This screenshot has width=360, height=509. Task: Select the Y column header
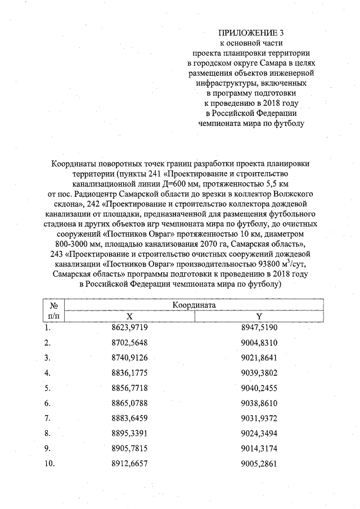[259, 316]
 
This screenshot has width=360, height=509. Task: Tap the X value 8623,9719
[129, 327]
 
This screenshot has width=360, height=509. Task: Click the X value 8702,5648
[129, 343]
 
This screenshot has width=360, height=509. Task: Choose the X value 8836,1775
[129, 373]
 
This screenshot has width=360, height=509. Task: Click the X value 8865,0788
[129, 403]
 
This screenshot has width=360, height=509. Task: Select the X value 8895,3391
[129, 434]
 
